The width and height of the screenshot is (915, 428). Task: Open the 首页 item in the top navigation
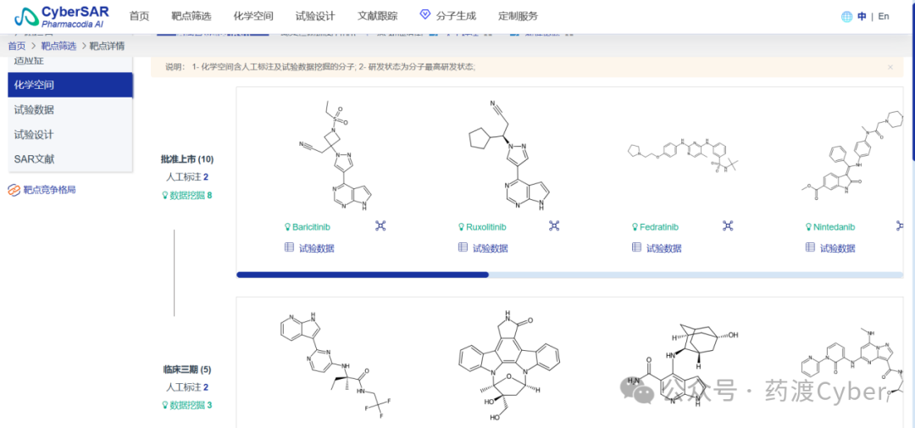[x=139, y=16]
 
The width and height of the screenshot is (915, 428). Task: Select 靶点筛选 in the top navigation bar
[x=191, y=16]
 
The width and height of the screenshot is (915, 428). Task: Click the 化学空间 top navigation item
[x=252, y=16]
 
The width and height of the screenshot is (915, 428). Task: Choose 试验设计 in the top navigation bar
[x=315, y=16]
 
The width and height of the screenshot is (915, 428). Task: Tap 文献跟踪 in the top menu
[x=378, y=16]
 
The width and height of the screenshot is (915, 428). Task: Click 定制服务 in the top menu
[x=518, y=16]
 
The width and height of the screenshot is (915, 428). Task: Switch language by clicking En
[x=884, y=16]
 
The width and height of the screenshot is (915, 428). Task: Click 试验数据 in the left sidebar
[x=34, y=109]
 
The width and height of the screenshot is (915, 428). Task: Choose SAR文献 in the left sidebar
[x=34, y=158]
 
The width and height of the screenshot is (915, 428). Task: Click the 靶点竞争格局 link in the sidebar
[x=49, y=190]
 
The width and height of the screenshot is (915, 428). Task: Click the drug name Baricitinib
[x=315, y=227]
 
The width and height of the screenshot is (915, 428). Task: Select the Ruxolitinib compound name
[x=485, y=227]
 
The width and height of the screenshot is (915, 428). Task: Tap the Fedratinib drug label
[x=659, y=227]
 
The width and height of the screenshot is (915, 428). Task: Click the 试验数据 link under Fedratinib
[x=663, y=248]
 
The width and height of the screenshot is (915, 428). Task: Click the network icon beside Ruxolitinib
[x=554, y=225]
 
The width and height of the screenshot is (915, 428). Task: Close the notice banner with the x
[x=890, y=67]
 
